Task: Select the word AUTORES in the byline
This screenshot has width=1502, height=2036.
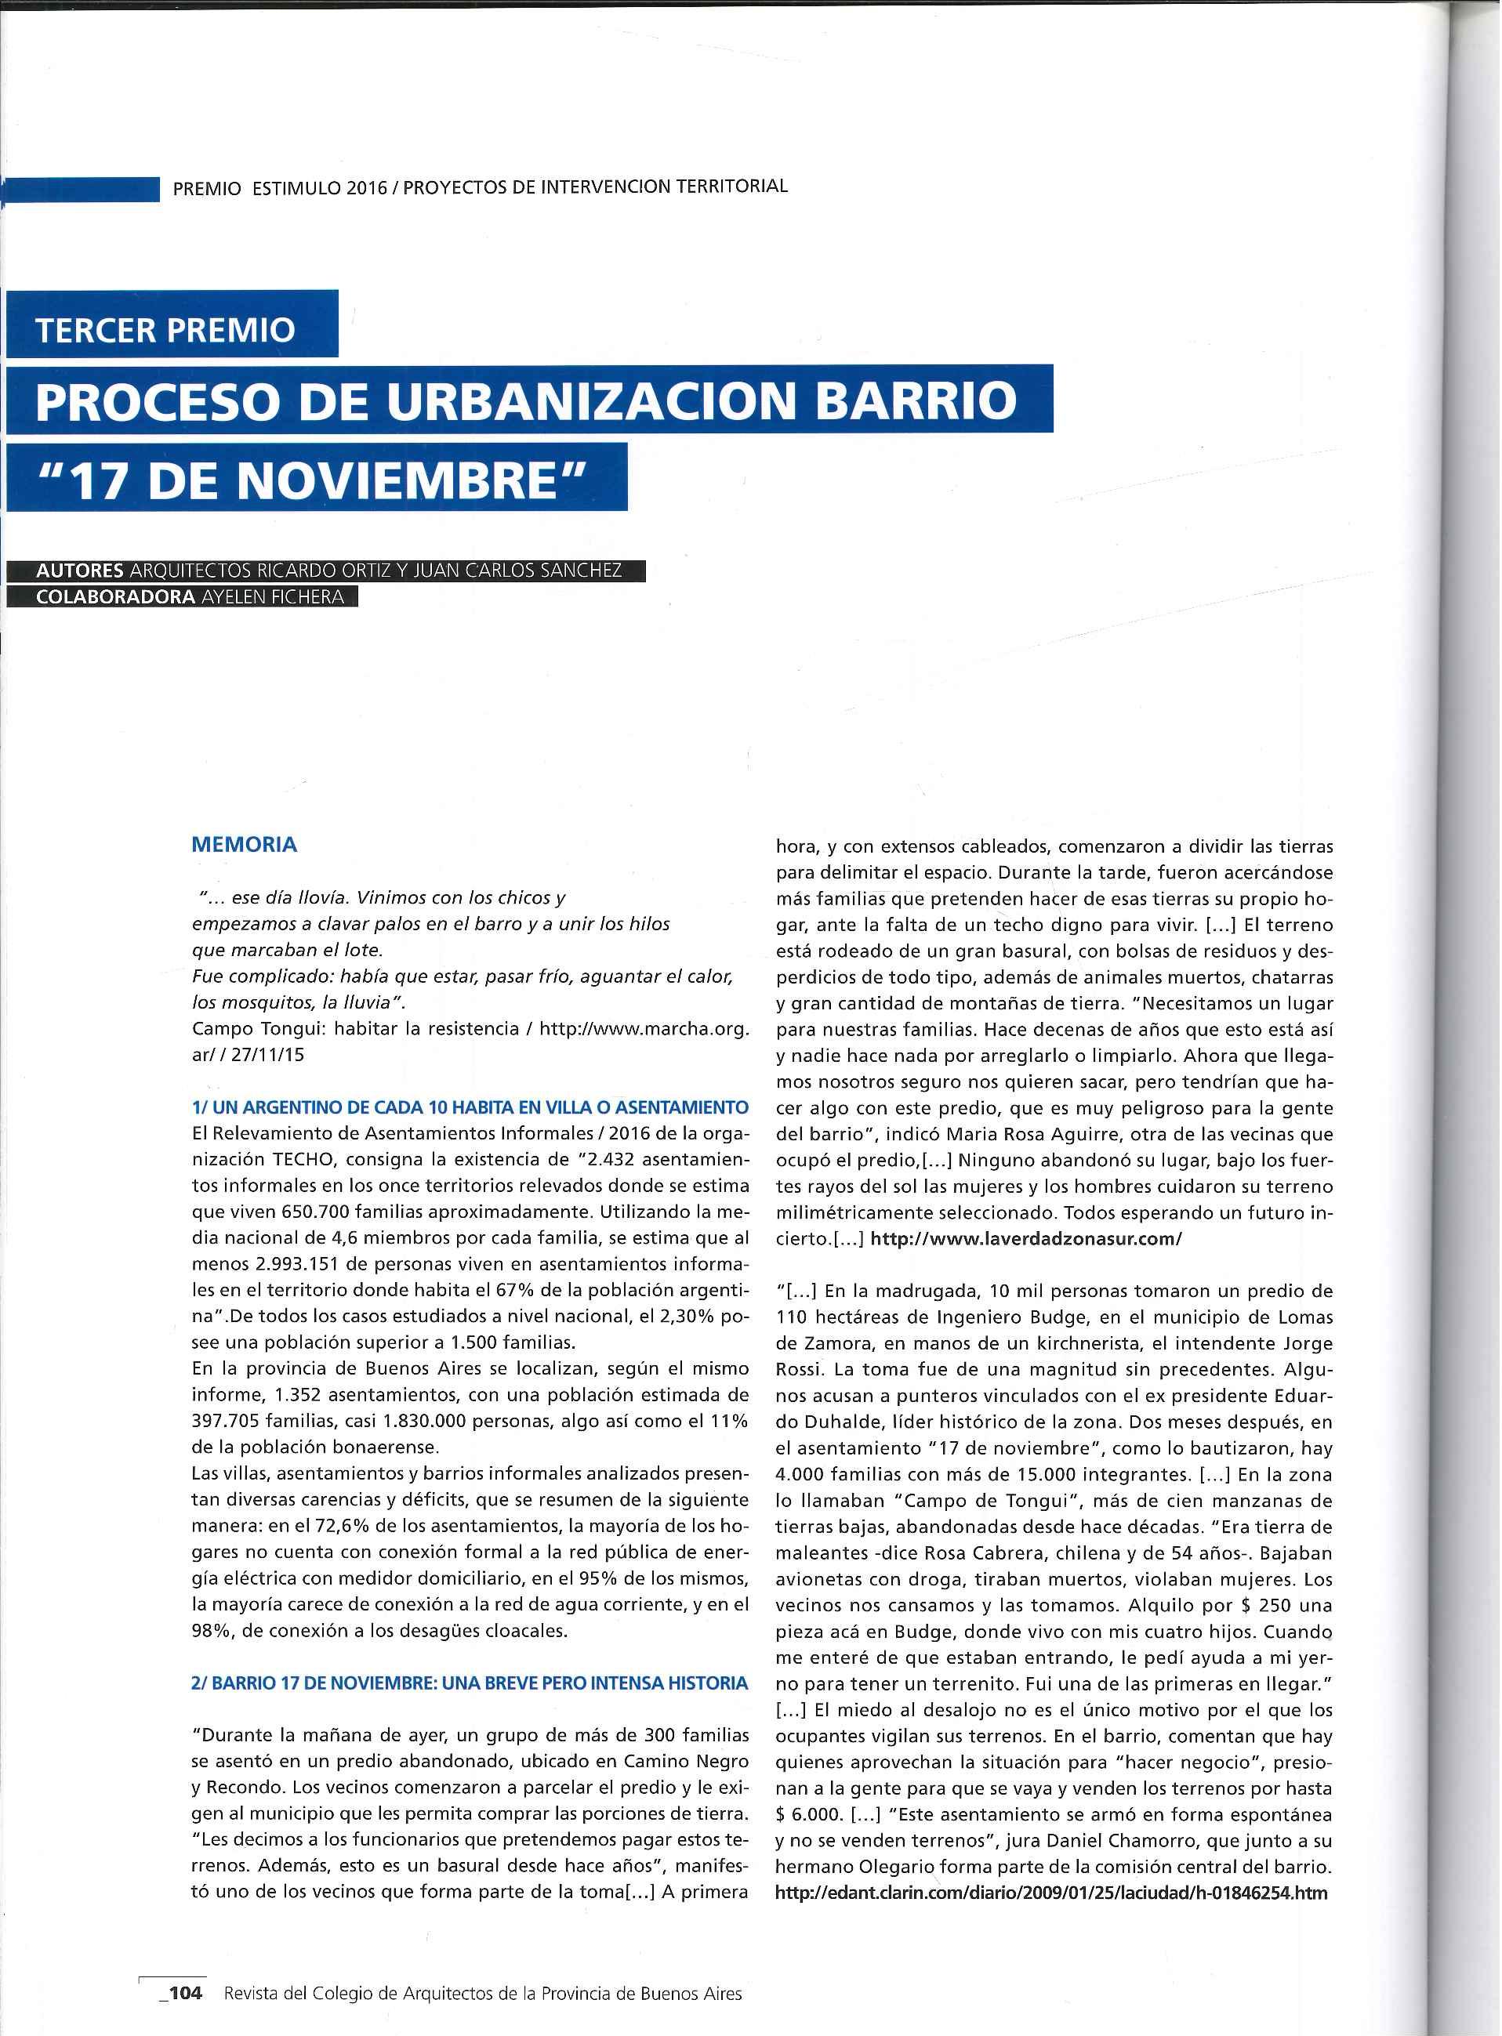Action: click(79, 571)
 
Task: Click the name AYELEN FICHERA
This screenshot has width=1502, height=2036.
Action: click(273, 597)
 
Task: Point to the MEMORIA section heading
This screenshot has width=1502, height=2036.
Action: click(244, 844)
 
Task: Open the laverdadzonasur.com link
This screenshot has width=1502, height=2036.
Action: click(1025, 1239)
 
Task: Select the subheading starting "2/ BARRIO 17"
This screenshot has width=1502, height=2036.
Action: click(469, 1683)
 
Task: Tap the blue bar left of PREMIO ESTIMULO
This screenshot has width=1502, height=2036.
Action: click(82, 188)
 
